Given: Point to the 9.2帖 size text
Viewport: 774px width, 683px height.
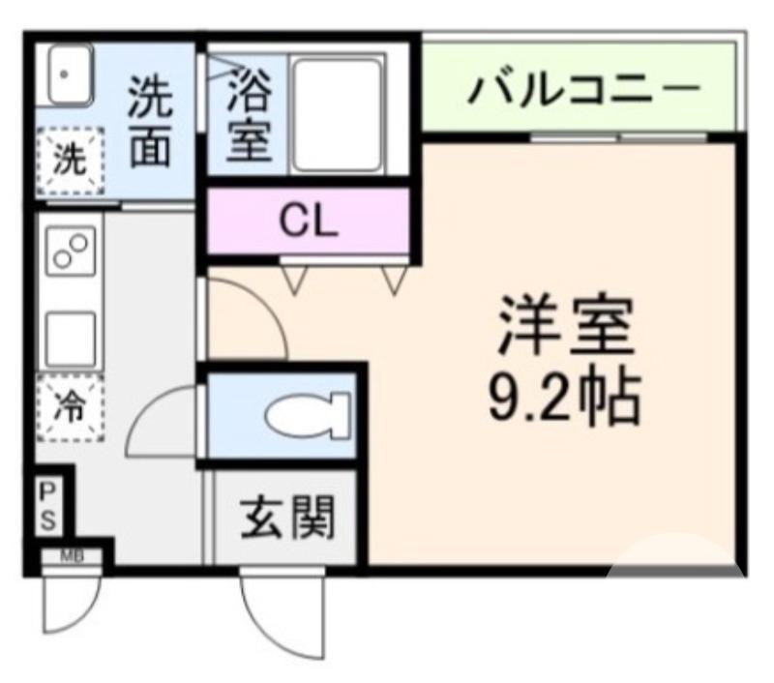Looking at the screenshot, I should [564, 396].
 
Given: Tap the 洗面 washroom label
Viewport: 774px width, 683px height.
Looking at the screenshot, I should [151, 122].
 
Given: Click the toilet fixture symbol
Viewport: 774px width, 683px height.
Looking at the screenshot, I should [308, 417].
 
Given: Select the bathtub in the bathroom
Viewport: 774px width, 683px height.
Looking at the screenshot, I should [338, 115].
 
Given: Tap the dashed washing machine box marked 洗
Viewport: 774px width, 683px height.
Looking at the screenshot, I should [69, 160].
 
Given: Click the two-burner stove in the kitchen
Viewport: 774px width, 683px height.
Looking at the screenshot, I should [71, 252].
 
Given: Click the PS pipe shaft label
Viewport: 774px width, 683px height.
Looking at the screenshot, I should [47, 508].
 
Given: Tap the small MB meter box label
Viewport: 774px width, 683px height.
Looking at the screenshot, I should [72, 555].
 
